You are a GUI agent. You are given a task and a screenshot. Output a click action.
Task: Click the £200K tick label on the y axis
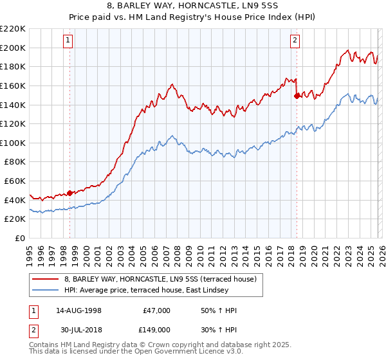[13, 48]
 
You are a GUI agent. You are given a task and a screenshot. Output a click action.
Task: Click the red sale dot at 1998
[70, 193]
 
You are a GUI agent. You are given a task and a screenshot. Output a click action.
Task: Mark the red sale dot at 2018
[297, 96]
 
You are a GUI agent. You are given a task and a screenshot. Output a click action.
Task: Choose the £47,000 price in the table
[156, 310]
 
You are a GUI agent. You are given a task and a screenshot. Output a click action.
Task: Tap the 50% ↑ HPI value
[219, 310]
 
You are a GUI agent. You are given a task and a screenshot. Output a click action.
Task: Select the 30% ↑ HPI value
[219, 329]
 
